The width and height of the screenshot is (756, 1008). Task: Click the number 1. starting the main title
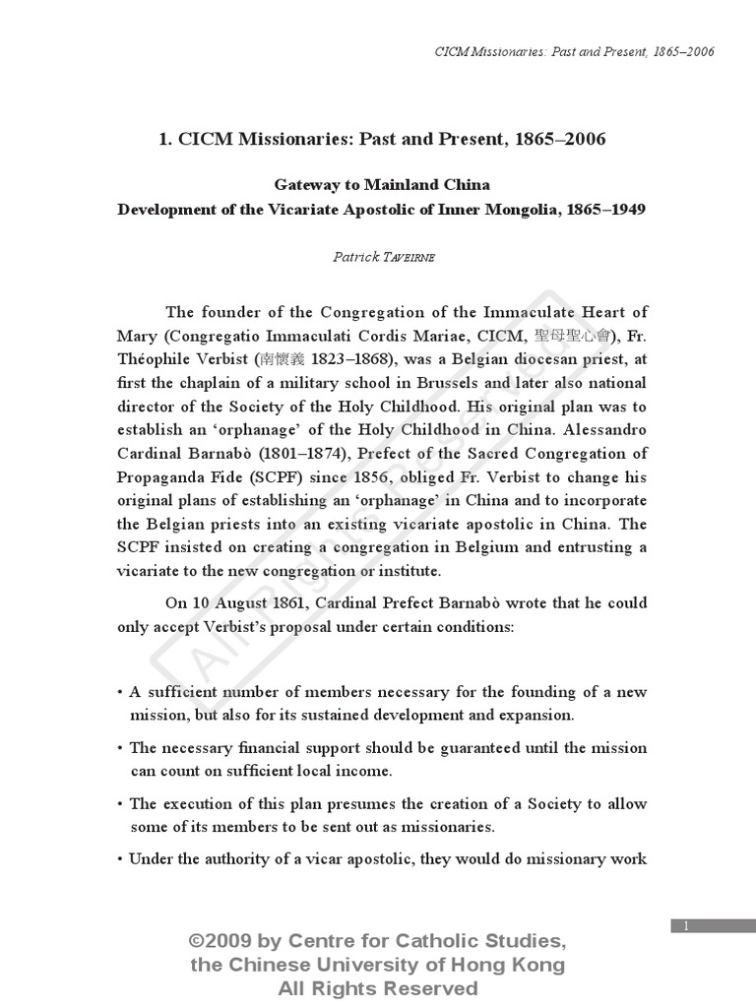click(x=164, y=139)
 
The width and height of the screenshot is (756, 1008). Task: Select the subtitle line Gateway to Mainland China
click(x=381, y=185)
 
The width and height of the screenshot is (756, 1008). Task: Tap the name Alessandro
click(x=602, y=429)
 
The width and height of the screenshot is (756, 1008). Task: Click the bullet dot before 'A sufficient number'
click(x=120, y=692)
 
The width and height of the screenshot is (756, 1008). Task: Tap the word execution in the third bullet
click(x=194, y=803)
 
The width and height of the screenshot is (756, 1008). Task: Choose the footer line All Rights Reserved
click(x=378, y=988)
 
